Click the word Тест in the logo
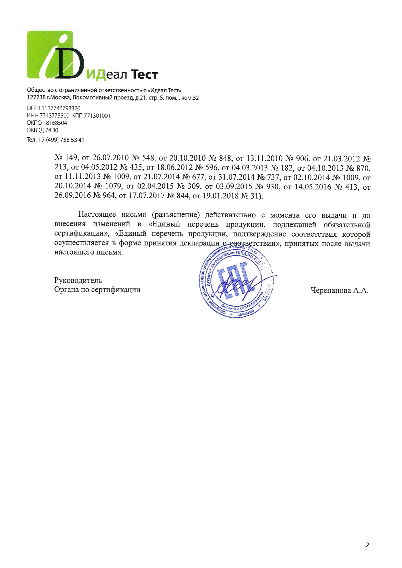pyautogui.click(x=144, y=75)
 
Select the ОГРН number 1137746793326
pyautogui.click(x=60, y=108)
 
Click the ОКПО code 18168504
pyautogui.click(x=55, y=123)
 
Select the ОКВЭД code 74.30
pyautogui.click(x=52, y=130)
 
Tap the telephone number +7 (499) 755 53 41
pyautogui.click(x=61, y=140)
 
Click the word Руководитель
pyautogui.click(x=78, y=280)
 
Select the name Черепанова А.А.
pyautogui.click(x=339, y=290)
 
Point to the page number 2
pyautogui.click(x=367, y=545)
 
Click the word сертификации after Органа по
pyautogui.click(x=116, y=290)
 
